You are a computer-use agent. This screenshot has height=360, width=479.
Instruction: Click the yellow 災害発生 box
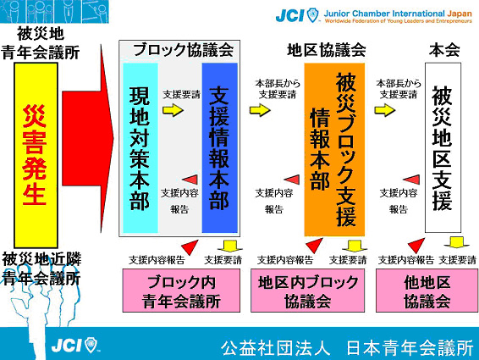(36, 155)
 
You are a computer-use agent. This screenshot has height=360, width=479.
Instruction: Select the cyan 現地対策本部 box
(140, 148)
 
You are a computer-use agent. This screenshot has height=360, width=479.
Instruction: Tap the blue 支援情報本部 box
(220, 148)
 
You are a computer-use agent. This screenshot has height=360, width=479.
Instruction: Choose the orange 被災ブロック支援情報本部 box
(334, 150)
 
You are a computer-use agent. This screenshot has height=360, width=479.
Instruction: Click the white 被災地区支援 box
(443, 147)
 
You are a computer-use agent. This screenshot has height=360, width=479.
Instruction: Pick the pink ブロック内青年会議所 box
(181, 291)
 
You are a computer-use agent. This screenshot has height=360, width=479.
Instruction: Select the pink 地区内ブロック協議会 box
(307, 291)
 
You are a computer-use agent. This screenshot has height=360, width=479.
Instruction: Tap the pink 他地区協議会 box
(427, 291)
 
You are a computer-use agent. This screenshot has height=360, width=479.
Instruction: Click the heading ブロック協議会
(184, 50)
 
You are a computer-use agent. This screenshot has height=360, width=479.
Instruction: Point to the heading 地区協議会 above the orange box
(327, 50)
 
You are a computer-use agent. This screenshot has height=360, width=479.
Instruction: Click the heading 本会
(444, 50)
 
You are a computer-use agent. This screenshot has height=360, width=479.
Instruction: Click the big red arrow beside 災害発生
(88, 138)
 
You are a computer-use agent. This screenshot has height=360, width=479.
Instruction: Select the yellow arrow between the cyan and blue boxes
(173, 110)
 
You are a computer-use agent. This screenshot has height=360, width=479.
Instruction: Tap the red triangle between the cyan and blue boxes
(190, 180)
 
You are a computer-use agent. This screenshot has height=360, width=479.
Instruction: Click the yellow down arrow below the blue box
(229, 246)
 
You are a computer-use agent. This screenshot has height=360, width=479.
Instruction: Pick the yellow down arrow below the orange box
(355, 246)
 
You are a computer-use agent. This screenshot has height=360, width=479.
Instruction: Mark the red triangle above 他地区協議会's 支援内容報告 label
(416, 246)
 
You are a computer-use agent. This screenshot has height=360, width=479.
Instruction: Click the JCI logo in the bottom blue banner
(74, 345)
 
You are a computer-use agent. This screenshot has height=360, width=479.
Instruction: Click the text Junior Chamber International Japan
(398, 14)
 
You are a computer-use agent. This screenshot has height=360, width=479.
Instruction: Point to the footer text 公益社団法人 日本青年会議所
(347, 348)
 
